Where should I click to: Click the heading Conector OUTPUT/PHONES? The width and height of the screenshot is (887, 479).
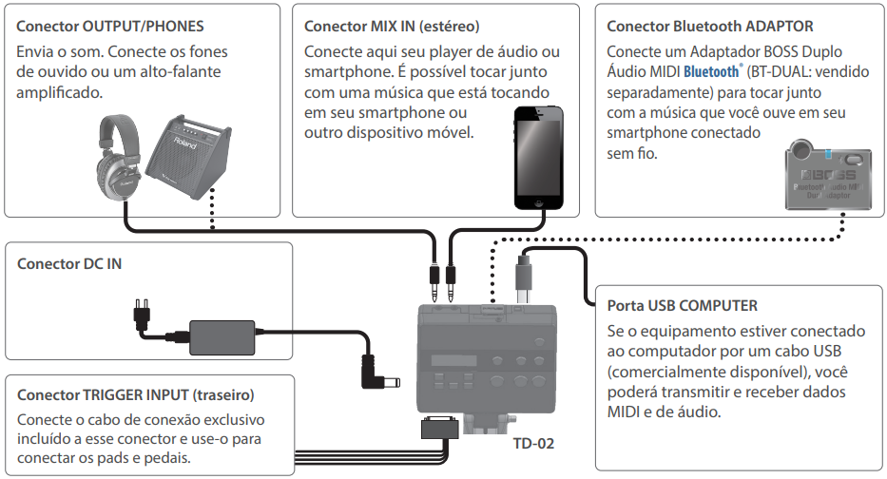[109, 26]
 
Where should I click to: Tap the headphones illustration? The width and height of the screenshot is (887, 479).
[118, 158]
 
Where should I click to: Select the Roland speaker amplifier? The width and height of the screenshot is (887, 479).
[189, 157]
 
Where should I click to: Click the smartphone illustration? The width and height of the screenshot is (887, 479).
[538, 158]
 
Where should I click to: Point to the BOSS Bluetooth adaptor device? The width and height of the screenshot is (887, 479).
[828, 175]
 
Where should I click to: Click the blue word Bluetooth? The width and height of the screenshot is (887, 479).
[711, 72]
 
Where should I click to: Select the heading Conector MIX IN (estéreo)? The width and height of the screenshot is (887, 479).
[392, 26]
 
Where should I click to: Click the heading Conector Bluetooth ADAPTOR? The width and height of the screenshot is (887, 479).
[710, 26]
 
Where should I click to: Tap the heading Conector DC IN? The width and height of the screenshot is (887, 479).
[69, 263]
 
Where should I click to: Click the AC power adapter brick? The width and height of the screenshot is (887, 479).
[222, 337]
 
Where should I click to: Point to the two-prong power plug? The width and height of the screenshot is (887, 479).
[142, 312]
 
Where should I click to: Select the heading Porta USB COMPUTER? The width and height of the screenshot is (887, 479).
[683, 305]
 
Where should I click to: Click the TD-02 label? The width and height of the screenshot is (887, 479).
[533, 444]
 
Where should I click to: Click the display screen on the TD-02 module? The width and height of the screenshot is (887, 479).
[453, 361]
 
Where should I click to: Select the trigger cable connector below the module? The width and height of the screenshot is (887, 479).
[439, 428]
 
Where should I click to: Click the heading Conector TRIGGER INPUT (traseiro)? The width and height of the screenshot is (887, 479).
[136, 394]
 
